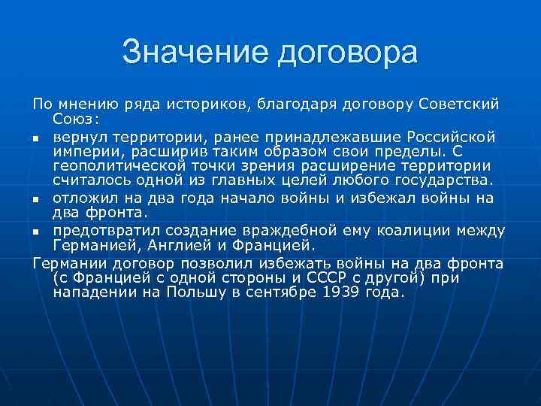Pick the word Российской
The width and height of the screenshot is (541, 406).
(449, 137)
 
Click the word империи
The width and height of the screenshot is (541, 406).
(85, 151)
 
